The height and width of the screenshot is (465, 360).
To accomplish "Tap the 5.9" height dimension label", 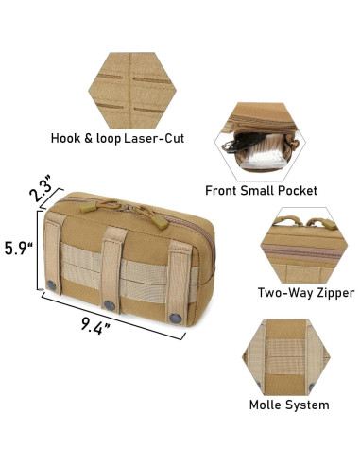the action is (19, 249).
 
